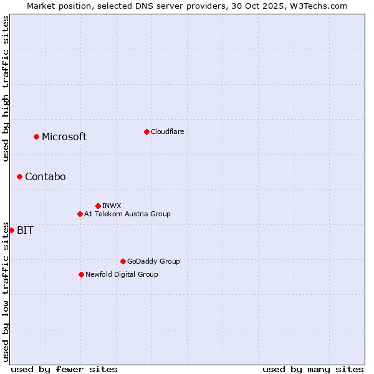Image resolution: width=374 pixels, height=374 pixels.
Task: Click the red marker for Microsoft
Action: [x=36, y=137]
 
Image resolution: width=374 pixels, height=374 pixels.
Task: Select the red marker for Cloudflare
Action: [x=146, y=132]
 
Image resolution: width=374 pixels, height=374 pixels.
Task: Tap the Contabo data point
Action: [x=19, y=176]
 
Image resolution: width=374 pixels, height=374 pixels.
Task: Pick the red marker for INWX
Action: [x=98, y=206]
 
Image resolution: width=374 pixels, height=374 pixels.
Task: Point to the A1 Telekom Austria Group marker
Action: [x=80, y=214]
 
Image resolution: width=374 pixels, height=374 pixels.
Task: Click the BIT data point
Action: [x=11, y=230]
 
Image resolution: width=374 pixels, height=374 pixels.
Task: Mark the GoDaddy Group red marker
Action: [x=123, y=261]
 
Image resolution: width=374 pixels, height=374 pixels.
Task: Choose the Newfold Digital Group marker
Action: [x=81, y=274]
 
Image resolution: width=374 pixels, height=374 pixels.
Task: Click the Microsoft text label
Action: [x=64, y=137]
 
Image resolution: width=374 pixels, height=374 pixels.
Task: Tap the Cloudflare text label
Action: [x=167, y=132]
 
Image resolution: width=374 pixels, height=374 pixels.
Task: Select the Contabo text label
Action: [x=45, y=176]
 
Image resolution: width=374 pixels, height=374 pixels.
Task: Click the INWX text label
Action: [x=112, y=206]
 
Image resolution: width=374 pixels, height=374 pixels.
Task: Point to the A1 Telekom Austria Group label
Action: [x=127, y=214]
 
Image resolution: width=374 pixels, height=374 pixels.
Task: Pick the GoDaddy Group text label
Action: [x=153, y=261]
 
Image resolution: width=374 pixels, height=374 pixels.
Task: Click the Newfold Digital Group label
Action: [x=122, y=274]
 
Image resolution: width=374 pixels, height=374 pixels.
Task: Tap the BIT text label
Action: [x=25, y=230]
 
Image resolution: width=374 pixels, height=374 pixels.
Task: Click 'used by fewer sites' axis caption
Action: [x=64, y=369]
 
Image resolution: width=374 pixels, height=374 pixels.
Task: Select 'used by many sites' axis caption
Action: [x=313, y=369]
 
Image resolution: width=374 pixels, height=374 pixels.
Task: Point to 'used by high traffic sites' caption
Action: [x=6, y=89]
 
